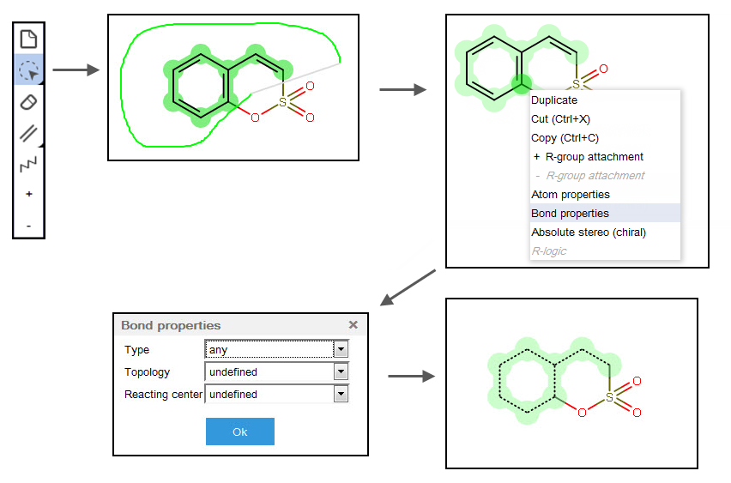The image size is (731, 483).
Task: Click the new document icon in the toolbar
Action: (x=29, y=39)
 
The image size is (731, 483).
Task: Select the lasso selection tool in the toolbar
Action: (x=29, y=70)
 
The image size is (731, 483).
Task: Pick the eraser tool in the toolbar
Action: (x=29, y=102)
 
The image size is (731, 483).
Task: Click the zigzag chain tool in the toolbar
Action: (x=29, y=163)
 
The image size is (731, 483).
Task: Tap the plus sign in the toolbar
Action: (x=29, y=195)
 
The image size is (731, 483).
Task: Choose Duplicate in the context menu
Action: (x=554, y=100)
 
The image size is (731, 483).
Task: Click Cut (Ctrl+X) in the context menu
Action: (x=560, y=119)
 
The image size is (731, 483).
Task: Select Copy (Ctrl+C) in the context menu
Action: (x=565, y=138)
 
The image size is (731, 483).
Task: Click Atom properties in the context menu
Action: (x=570, y=195)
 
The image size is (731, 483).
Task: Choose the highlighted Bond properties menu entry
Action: (x=570, y=214)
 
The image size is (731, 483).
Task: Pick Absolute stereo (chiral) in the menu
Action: (x=588, y=232)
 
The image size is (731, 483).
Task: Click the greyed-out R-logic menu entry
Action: (x=549, y=251)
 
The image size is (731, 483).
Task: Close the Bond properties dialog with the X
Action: (x=353, y=325)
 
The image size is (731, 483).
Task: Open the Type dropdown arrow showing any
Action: (x=341, y=350)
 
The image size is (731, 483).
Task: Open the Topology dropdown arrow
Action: (x=341, y=372)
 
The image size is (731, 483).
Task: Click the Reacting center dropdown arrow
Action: (x=341, y=395)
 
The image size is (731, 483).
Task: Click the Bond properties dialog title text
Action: (x=171, y=326)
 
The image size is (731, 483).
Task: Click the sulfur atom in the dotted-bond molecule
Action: (x=609, y=397)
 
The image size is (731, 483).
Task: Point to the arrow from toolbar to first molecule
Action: (x=82, y=70)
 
